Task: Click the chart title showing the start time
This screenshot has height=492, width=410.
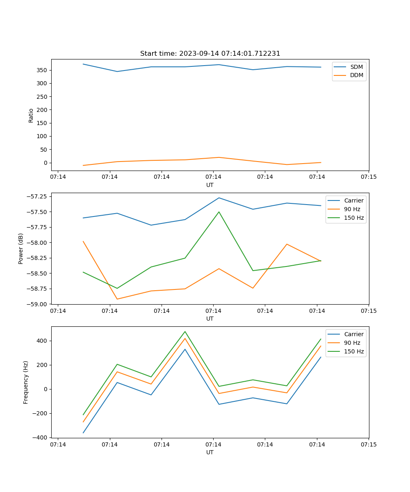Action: (x=210, y=54)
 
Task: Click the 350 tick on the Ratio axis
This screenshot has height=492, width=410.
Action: (x=42, y=70)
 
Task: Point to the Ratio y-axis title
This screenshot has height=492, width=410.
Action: (x=31, y=115)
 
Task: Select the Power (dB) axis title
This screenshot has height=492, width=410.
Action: (x=21, y=248)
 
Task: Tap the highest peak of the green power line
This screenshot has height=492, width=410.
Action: (x=219, y=212)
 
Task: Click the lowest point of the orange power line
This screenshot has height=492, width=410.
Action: (x=117, y=299)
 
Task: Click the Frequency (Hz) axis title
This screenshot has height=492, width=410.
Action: (x=26, y=382)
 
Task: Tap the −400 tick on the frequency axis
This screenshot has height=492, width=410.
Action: (x=40, y=437)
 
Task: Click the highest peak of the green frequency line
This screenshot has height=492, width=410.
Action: (x=185, y=331)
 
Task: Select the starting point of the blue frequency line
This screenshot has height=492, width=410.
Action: (x=83, y=433)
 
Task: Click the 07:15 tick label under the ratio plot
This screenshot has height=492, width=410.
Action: (x=368, y=177)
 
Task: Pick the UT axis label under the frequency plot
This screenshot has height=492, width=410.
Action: (x=210, y=452)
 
